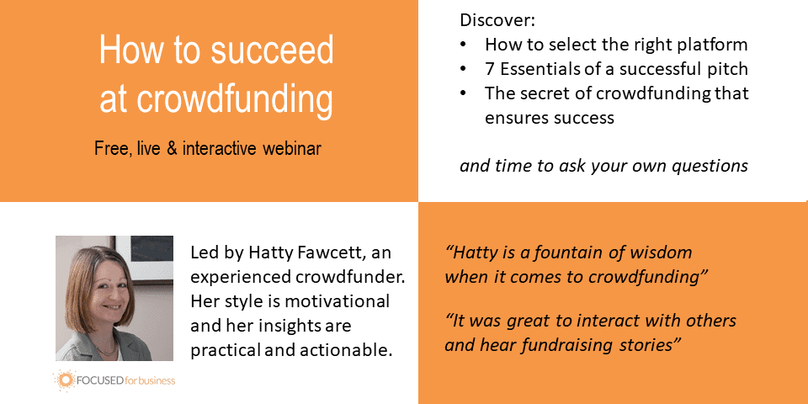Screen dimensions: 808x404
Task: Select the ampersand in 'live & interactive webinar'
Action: [172, 149]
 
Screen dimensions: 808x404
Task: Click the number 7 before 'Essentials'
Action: [490, 69]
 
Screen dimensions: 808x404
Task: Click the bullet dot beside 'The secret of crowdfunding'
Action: [463, 93]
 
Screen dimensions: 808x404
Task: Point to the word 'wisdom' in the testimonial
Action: [664, 253]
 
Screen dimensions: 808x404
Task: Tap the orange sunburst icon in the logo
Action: [66, 380]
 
